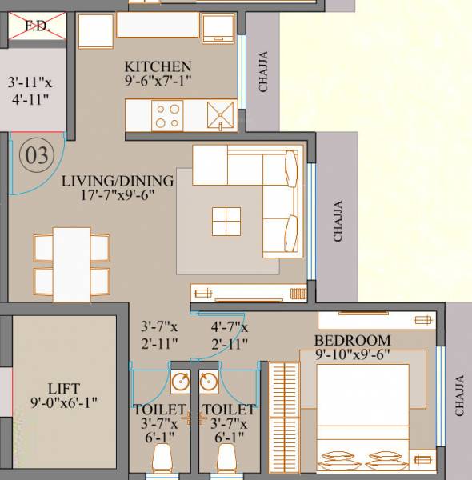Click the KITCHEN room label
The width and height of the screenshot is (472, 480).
coord(158,66)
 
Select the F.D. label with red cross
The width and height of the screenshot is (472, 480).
coord(37,25)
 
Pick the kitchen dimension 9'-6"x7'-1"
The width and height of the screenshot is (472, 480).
coord(158,81)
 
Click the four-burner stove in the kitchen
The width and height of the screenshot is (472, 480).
coord(169,116)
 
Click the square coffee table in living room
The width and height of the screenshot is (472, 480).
coord(226,221)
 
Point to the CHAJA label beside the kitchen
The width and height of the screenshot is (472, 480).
coord(265,73)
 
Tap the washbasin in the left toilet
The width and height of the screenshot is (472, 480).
coord(178,383)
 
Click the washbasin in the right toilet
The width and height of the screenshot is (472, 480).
coord(210,383)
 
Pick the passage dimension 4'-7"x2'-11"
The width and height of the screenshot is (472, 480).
coord(229,334)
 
